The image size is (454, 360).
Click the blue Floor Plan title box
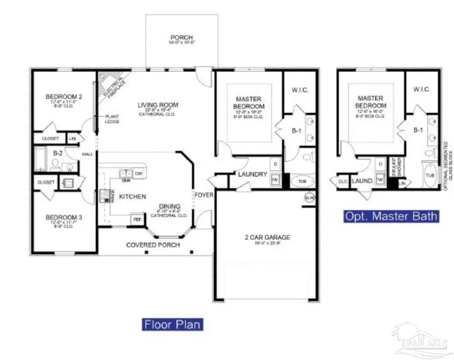(x=173, y=324)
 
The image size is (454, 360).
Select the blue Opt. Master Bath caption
(x=391, y=216)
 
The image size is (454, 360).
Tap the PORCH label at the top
(x=182, y=38)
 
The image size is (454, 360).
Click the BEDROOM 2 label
(x=64, y=97)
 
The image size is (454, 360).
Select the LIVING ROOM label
(x=158, y=105)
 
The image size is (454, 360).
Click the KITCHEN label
(x=132, y=196)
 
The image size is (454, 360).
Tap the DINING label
(x=170, y=206)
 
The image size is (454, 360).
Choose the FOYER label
(x=204, y=195)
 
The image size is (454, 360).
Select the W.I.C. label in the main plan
(x=300, y=90)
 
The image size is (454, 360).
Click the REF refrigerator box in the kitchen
(x=137, y=219)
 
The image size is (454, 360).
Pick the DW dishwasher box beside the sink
(x=139, y=173)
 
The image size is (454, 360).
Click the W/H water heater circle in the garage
(x=309, y=197)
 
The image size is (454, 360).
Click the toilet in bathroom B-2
(x=56, y=165)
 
